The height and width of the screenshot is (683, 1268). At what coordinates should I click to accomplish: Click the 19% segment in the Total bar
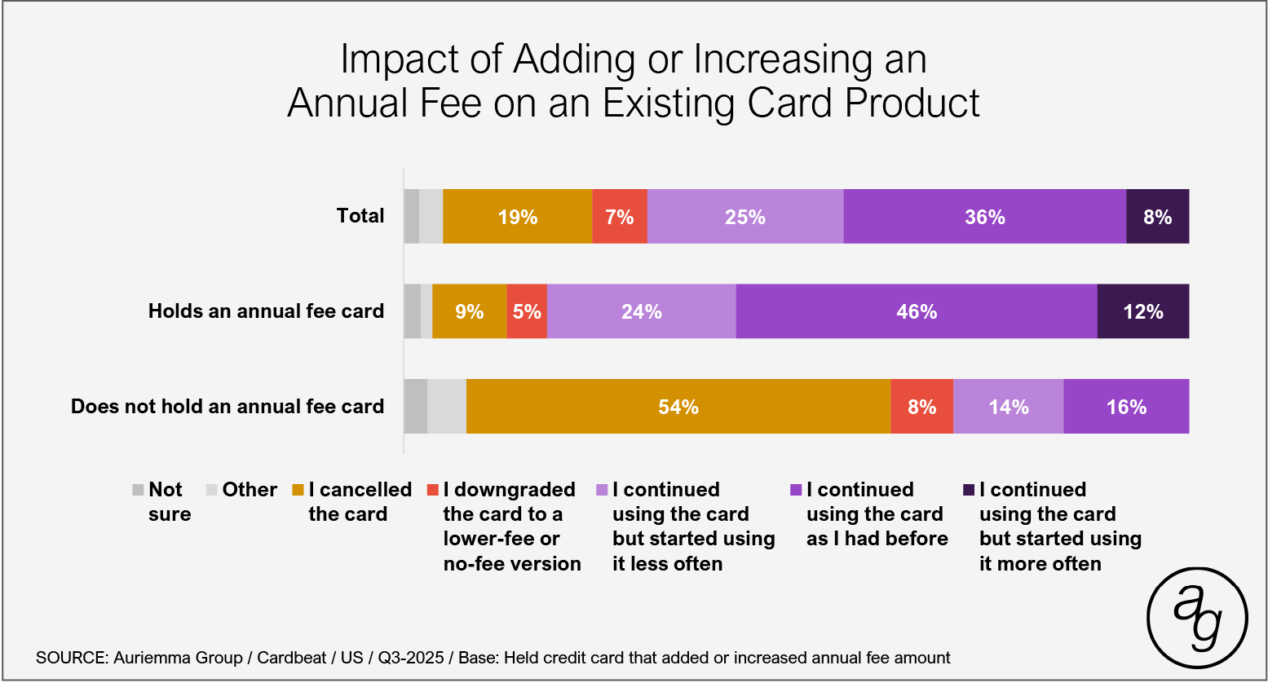517,217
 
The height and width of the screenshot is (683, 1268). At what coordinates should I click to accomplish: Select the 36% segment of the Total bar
984,217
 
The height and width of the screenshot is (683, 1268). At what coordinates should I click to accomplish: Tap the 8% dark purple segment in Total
1157,217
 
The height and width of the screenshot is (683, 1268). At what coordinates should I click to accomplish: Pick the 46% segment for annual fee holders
916,311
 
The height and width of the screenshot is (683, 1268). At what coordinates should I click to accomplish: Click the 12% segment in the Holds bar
1142,311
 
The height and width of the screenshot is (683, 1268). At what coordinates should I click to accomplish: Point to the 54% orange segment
678,407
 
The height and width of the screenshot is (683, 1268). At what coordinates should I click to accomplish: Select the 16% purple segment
1126,407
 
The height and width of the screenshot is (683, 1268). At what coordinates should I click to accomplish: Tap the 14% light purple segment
1008,407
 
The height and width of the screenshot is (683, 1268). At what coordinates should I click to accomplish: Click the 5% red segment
527,311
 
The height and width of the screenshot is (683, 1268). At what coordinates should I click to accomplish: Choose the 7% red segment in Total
619,217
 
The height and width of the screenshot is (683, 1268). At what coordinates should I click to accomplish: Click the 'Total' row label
360,216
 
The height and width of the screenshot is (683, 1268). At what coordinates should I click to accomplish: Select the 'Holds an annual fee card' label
266,311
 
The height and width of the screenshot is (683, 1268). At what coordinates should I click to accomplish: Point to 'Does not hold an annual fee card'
227,407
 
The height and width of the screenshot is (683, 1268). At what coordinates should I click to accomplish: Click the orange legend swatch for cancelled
298,491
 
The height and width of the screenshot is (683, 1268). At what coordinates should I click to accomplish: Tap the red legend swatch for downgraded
433,491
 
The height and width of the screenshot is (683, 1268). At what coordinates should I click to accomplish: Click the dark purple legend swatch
969,491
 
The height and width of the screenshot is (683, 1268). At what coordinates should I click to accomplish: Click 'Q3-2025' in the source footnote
410,658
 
